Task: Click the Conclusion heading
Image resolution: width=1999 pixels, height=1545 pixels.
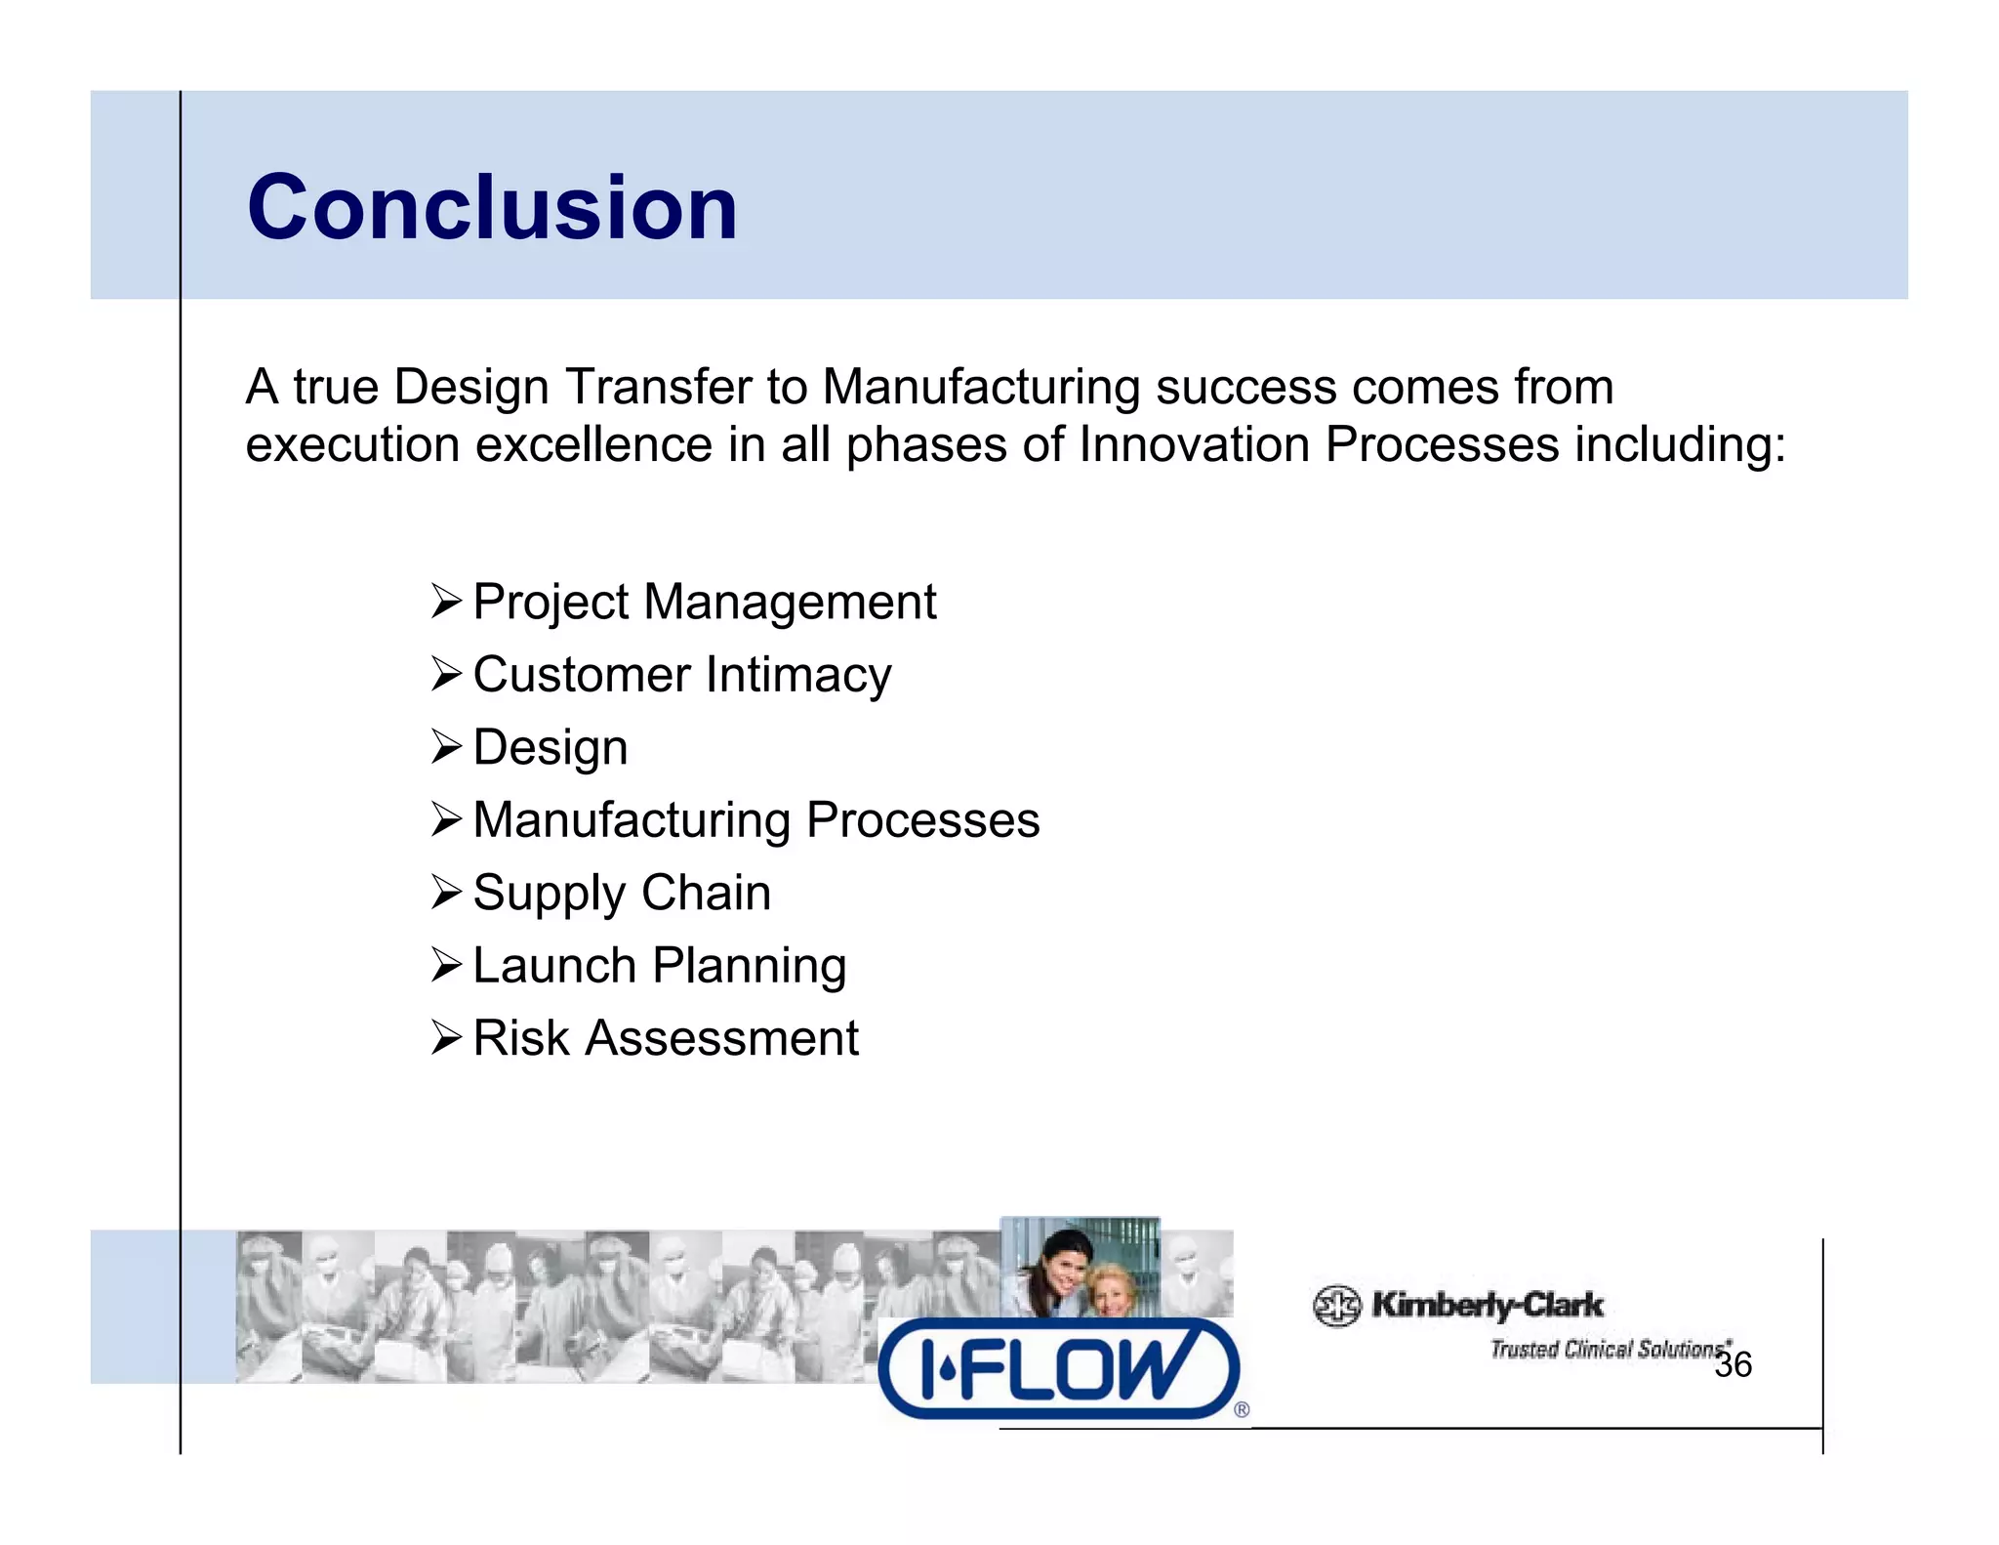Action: [x=493, y=207]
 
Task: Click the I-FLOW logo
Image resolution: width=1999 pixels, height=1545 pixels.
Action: [x=1059, y=1368]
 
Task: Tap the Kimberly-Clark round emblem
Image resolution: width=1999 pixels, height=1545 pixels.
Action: [x=1336, y=1306]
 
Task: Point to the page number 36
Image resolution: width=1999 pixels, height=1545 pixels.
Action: [x=1733, y=1364]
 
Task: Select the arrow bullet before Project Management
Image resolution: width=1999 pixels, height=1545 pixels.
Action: [x=446, y=602]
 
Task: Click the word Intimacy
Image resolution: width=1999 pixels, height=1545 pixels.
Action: [x=798, y=675]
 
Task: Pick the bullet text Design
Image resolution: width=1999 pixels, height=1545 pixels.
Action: [x=550, y=748]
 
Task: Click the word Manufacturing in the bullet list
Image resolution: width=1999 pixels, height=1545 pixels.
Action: [x=632, y=820]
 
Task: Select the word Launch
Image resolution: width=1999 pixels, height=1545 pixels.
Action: [x=553, y=966]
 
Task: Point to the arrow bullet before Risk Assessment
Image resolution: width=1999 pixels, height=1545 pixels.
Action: [x=446, y=1037]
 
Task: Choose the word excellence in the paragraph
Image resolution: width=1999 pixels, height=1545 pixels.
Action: [x=593, y=445]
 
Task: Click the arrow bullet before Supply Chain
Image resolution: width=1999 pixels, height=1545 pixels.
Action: [x=446, y=893]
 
